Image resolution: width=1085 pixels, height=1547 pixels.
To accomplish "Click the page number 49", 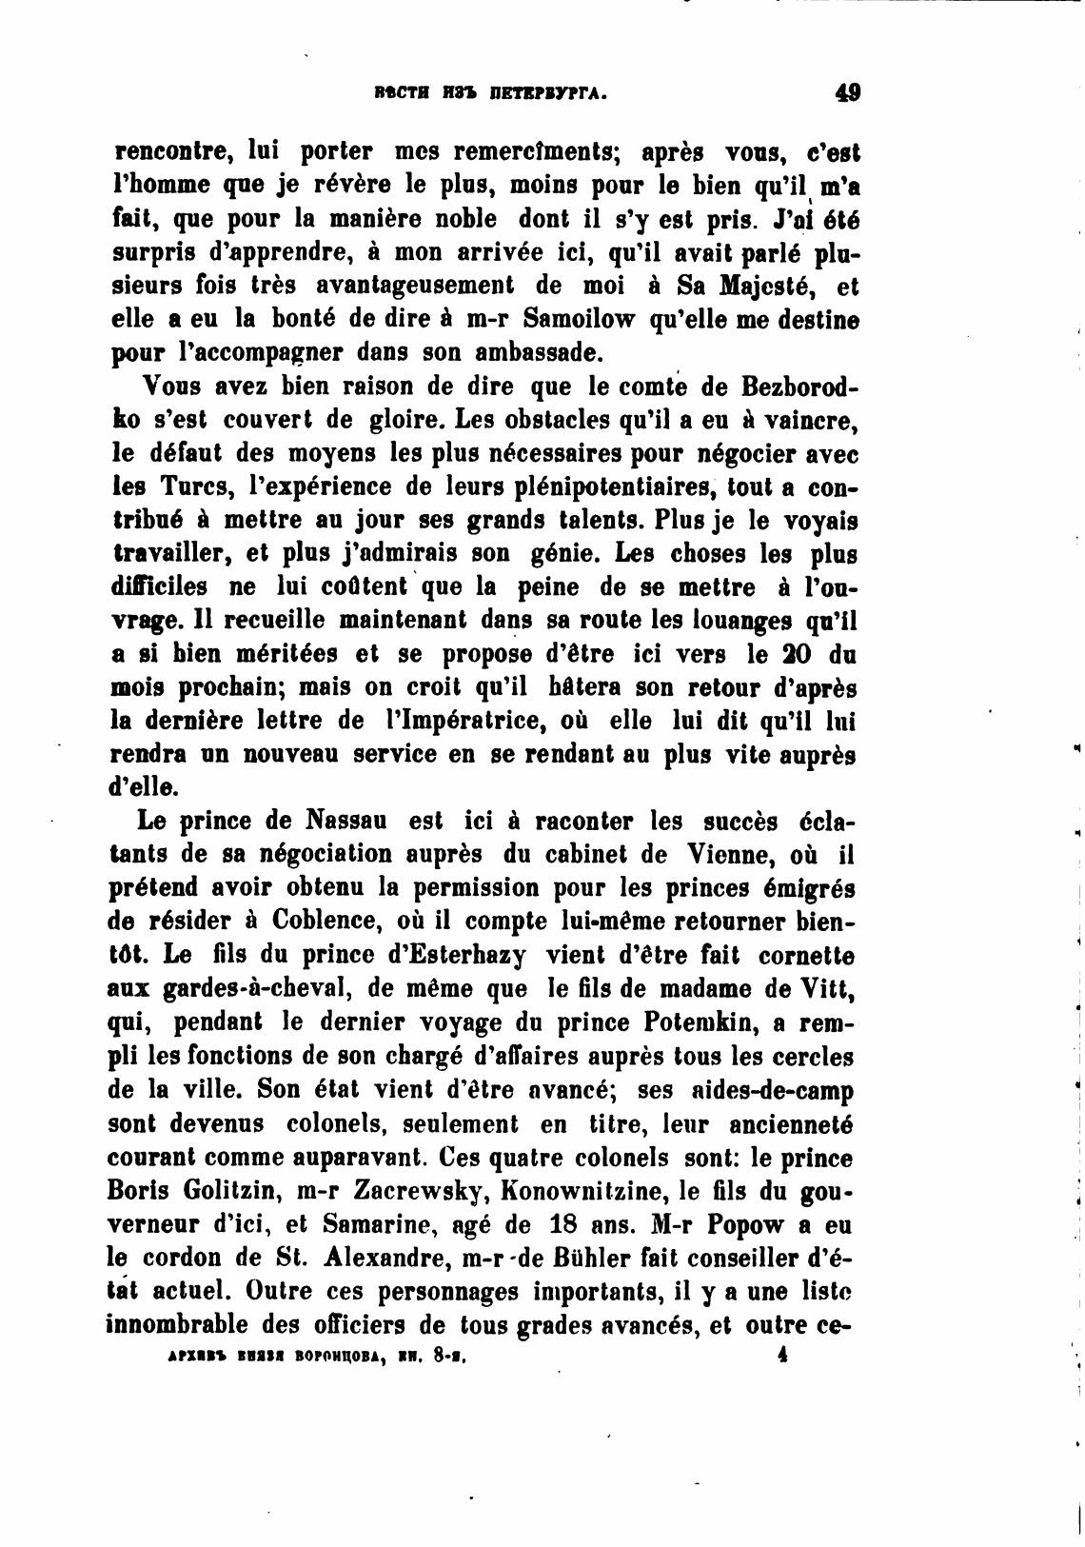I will click(x=846, y=92).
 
